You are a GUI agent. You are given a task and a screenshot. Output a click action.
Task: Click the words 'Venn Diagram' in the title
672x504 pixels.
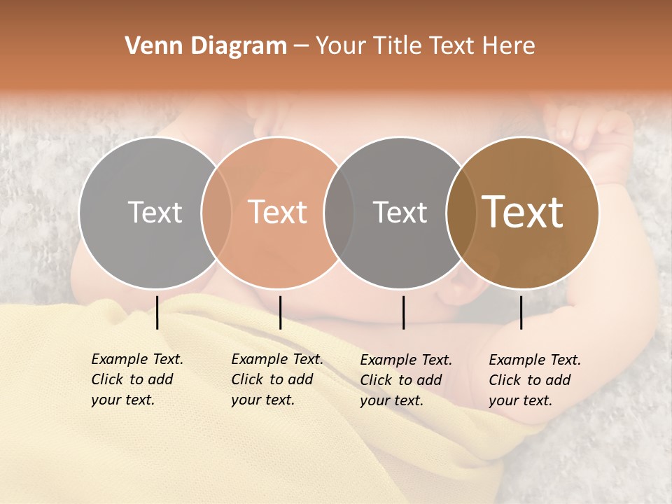(x=205, y=46)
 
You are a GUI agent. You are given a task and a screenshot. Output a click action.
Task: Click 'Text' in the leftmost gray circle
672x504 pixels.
(x=155, y=213)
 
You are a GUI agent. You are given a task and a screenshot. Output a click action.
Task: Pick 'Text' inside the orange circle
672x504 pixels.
(x=278, y=213)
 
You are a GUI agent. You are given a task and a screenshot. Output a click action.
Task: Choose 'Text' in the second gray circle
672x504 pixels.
(x=400, y=213)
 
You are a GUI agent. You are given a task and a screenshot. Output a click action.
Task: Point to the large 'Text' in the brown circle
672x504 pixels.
(x=523, y=212)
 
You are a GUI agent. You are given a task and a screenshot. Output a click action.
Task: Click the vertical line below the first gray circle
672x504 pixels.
(x=157, y=312)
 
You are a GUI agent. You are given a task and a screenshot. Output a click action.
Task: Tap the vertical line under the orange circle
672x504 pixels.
(x=280, y=312)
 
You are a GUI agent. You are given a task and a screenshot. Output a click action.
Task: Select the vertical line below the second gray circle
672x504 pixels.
(x=403, y=312)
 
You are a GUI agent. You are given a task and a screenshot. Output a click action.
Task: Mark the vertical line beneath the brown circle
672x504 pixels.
(x=521, y=312)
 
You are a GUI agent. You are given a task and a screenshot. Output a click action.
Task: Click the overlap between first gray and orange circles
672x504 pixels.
(x=216, y=213)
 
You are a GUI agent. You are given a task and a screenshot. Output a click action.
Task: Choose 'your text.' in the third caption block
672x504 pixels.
(x=392, y=400)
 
